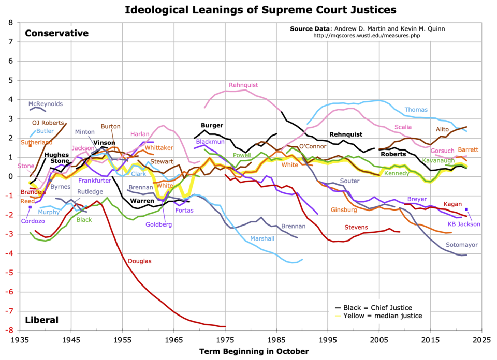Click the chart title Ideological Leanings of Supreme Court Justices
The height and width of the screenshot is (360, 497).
pyautogui.click(x=253, y=9)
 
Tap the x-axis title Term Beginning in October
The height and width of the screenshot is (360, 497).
pyautogui.click(x=254, y=351)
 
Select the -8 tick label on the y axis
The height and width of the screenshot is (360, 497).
pyautogui.click(x=9, y=330)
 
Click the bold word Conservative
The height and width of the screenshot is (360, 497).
pyautogui.click(x=57, y=34)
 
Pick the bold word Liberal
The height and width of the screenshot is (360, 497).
pyautogui.click(x=41, y=320)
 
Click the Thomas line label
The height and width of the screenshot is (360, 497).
pyautogui.click(x=416, y=110)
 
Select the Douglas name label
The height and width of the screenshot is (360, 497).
pyautogui.click(x=140, y=261)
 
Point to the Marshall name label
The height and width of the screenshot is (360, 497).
pyautogui.click(x=262, y=238)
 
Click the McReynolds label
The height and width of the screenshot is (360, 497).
pyautogui.click(x=46, y=104)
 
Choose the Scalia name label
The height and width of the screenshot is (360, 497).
pyautogui.click(x=403, y=127)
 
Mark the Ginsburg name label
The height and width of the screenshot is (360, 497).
pyautogui.click(x=344, y=210)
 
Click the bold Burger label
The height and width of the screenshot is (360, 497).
pyautogui.click(x=212, y=125)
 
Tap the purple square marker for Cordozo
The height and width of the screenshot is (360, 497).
pyautogui.click(x=30, y=207)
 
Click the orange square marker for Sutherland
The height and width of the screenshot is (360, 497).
pyautogui.click(x=30, y=145)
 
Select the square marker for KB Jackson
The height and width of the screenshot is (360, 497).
pyautogui.click(x=466, y=209)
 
